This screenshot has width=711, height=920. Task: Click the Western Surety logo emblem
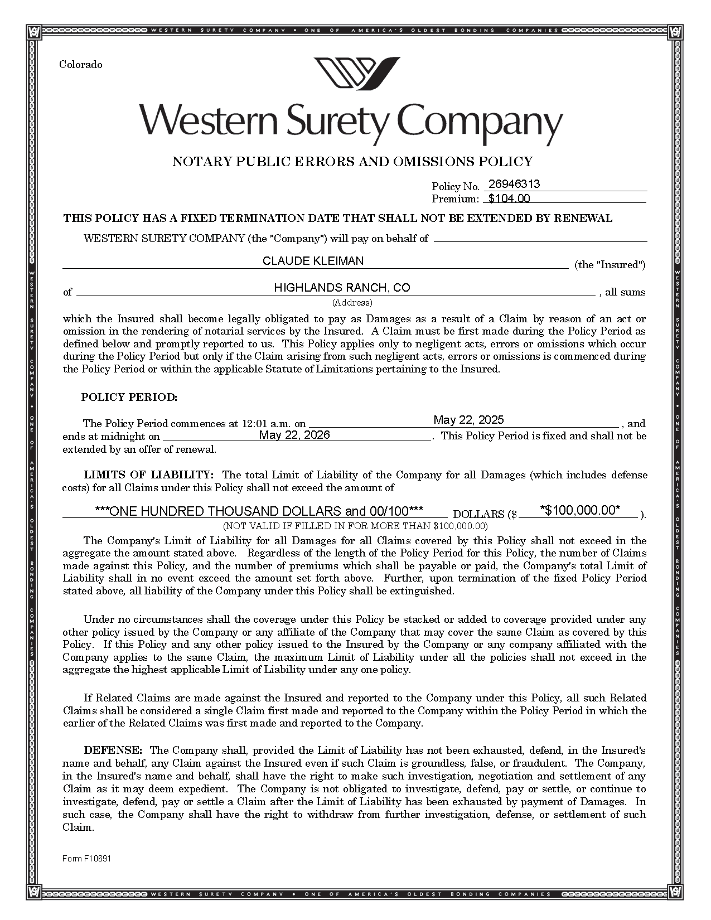click(x=357, y=72)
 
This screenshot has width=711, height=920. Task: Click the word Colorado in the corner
click(x=81, y=65)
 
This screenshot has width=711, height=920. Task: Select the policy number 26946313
click(x=514, y=185)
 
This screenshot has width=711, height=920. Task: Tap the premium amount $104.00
click(x=509, y=198)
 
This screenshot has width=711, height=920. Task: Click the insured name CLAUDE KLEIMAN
click(x=313, y=261)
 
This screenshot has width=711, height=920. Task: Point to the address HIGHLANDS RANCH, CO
click(x=342, y=288)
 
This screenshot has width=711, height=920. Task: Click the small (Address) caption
click(x=352, y=303)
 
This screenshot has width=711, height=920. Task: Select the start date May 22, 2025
click(x=468, y=420)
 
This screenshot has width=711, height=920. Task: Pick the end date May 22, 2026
click(x=294, y=435)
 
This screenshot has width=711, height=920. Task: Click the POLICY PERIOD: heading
click(x=129, y=398)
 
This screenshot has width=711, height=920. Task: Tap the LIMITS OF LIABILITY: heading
click(x=149, y=475)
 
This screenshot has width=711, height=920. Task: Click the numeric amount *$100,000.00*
click(x=580, y=510)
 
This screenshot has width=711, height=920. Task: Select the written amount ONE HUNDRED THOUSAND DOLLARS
click(x=259, y=511)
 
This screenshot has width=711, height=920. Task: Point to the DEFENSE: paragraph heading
click(x=113, y=750)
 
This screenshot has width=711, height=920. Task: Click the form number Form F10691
click(x=86, y=859)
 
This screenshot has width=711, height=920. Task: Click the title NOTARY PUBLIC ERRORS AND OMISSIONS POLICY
click(x=352, y=162)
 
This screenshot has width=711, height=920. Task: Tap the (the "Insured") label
click(x=610, y=265)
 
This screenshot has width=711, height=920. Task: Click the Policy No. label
click(x=455, y=186)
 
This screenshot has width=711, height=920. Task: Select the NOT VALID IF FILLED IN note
click(x=355, y=526)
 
